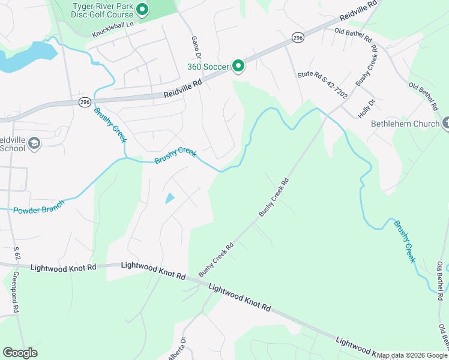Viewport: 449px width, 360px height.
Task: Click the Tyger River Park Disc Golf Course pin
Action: tap(142, 9)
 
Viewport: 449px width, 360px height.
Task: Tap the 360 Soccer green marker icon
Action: tap(238, 66)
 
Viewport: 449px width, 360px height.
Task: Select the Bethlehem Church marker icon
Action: tap(445, 124)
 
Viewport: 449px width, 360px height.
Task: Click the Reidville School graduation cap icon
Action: tap(34, 143)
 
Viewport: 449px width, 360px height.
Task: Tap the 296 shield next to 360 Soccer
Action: tap(298, 38)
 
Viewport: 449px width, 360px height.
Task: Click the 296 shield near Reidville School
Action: tap(85, 103)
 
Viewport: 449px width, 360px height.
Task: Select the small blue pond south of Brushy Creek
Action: tap(169, 198)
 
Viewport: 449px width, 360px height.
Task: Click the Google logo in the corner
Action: tap(20, 353)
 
